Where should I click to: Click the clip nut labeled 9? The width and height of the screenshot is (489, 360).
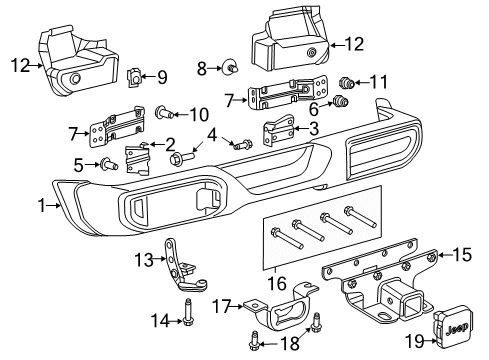(x=137, y=74)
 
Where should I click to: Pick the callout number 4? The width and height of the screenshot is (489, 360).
(x=211, y=134)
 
